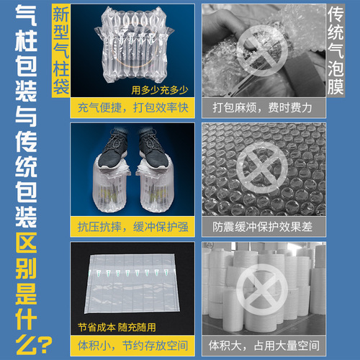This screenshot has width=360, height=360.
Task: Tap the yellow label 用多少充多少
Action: pos(160,91)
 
